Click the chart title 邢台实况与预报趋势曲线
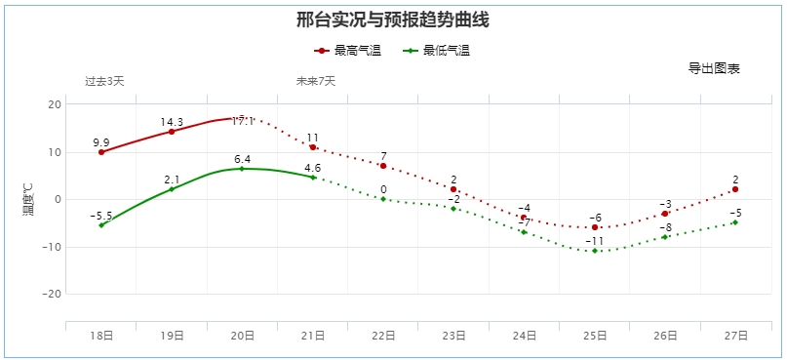click(393, 20)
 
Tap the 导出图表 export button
click(714, 68)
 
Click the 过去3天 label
click(104, 81)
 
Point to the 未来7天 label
click(316, 81)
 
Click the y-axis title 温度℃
click(28, 199)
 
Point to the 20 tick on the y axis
click(56, 104)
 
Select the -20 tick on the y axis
click(52, 294)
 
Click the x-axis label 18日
click(101, 335)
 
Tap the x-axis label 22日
click(383, 335)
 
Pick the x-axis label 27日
click(735, 335)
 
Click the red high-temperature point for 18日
click(101, 152)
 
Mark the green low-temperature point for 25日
click(595, 251)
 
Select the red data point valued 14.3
click(172, 131)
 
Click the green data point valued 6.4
click(242, 169)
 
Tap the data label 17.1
click(243, 121)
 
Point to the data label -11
click(595, 241)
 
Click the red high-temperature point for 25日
click(595, 227)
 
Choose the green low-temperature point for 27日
click(735, 222)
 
